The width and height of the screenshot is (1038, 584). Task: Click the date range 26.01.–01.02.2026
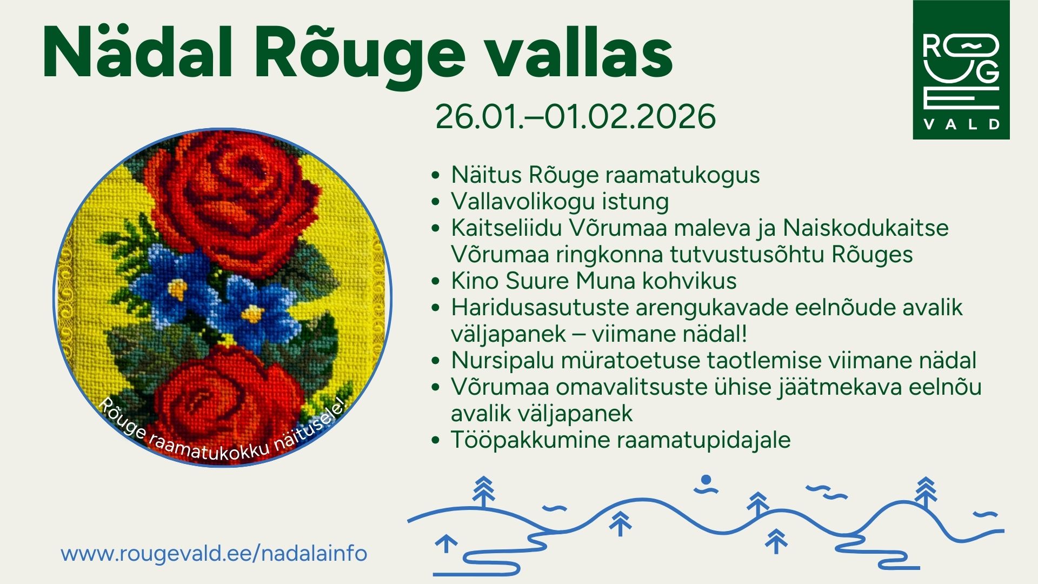575,116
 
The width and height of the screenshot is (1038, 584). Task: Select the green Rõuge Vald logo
961,70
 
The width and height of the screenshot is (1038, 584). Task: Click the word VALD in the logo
961,124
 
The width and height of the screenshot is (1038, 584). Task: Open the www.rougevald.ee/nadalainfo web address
214,554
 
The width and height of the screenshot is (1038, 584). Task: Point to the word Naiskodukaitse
866,227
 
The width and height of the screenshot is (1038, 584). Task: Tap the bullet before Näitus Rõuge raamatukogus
436,175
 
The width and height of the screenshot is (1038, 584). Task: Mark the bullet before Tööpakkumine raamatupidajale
436,440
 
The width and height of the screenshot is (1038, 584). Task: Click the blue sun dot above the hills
706,480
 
